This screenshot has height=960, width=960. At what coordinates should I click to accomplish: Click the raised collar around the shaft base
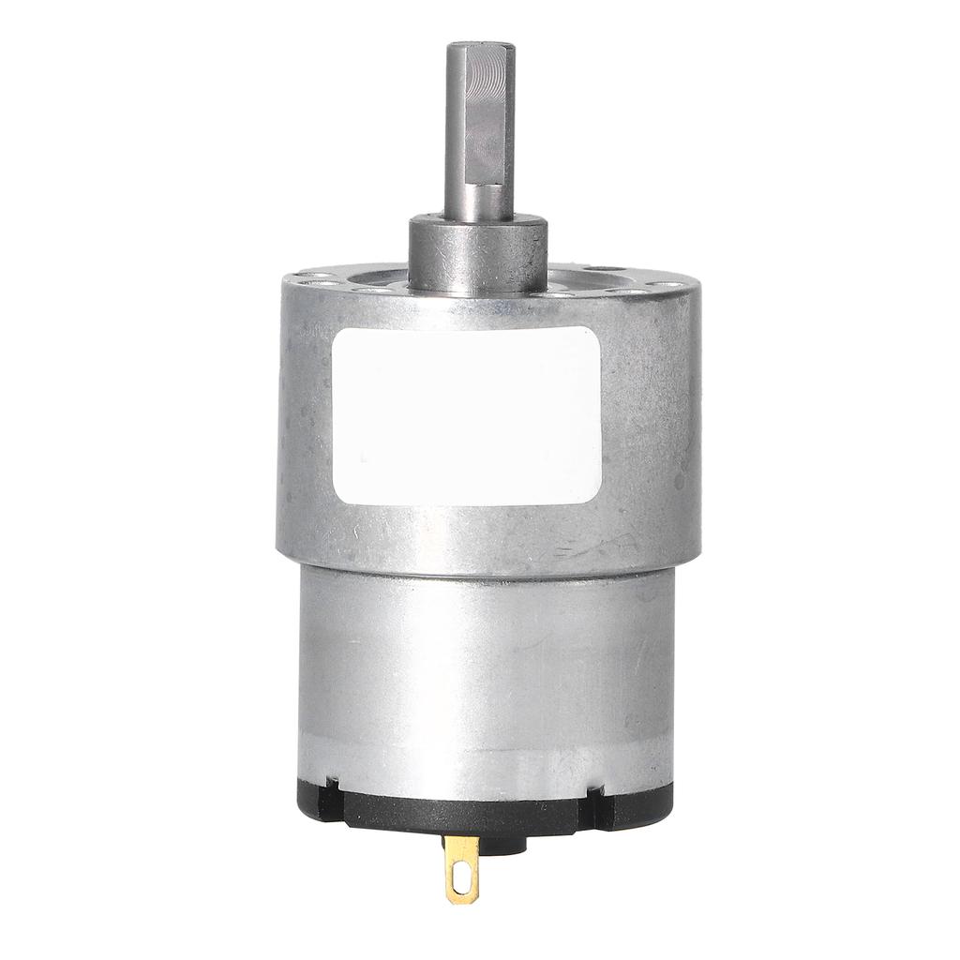click(x=477, y=253)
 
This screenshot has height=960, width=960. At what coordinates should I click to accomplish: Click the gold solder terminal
click(x=462, y=867)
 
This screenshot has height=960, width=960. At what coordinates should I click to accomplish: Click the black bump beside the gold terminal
click(x=507, y=843)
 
